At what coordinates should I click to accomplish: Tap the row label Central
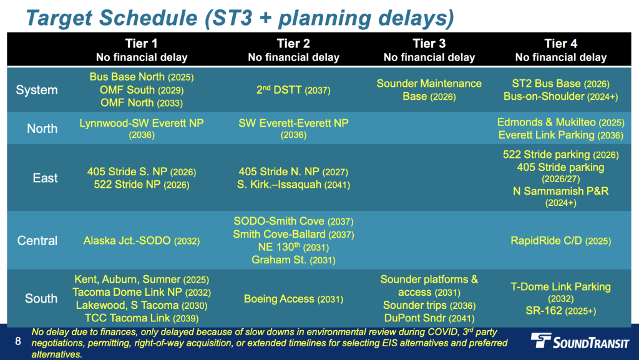point(37,240)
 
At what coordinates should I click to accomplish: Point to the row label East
point(45,178)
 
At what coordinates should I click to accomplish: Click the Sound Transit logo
point(580,341)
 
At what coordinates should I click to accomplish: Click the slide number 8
point(18,341)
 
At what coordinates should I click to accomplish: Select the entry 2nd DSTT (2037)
point(293,90)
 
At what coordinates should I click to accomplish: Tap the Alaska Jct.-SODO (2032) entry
point(142,241)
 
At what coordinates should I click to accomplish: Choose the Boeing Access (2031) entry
point(293,299)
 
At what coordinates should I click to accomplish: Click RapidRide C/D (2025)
point(561,241)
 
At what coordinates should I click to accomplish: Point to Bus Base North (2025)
point(142,77)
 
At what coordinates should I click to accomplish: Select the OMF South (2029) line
point(142,90)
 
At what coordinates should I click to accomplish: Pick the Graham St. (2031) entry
point(293,260)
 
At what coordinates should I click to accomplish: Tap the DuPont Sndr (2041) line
point(429,318)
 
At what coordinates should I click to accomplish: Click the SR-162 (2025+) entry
point(561,311)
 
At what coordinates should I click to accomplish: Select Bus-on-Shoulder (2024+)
point(561,96)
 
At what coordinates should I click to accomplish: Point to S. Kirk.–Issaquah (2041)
point(293,185)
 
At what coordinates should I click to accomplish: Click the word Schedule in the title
point(149,17)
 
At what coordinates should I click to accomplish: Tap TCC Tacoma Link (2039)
point(142,318)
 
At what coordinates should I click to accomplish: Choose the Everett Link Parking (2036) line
point(561,135)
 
